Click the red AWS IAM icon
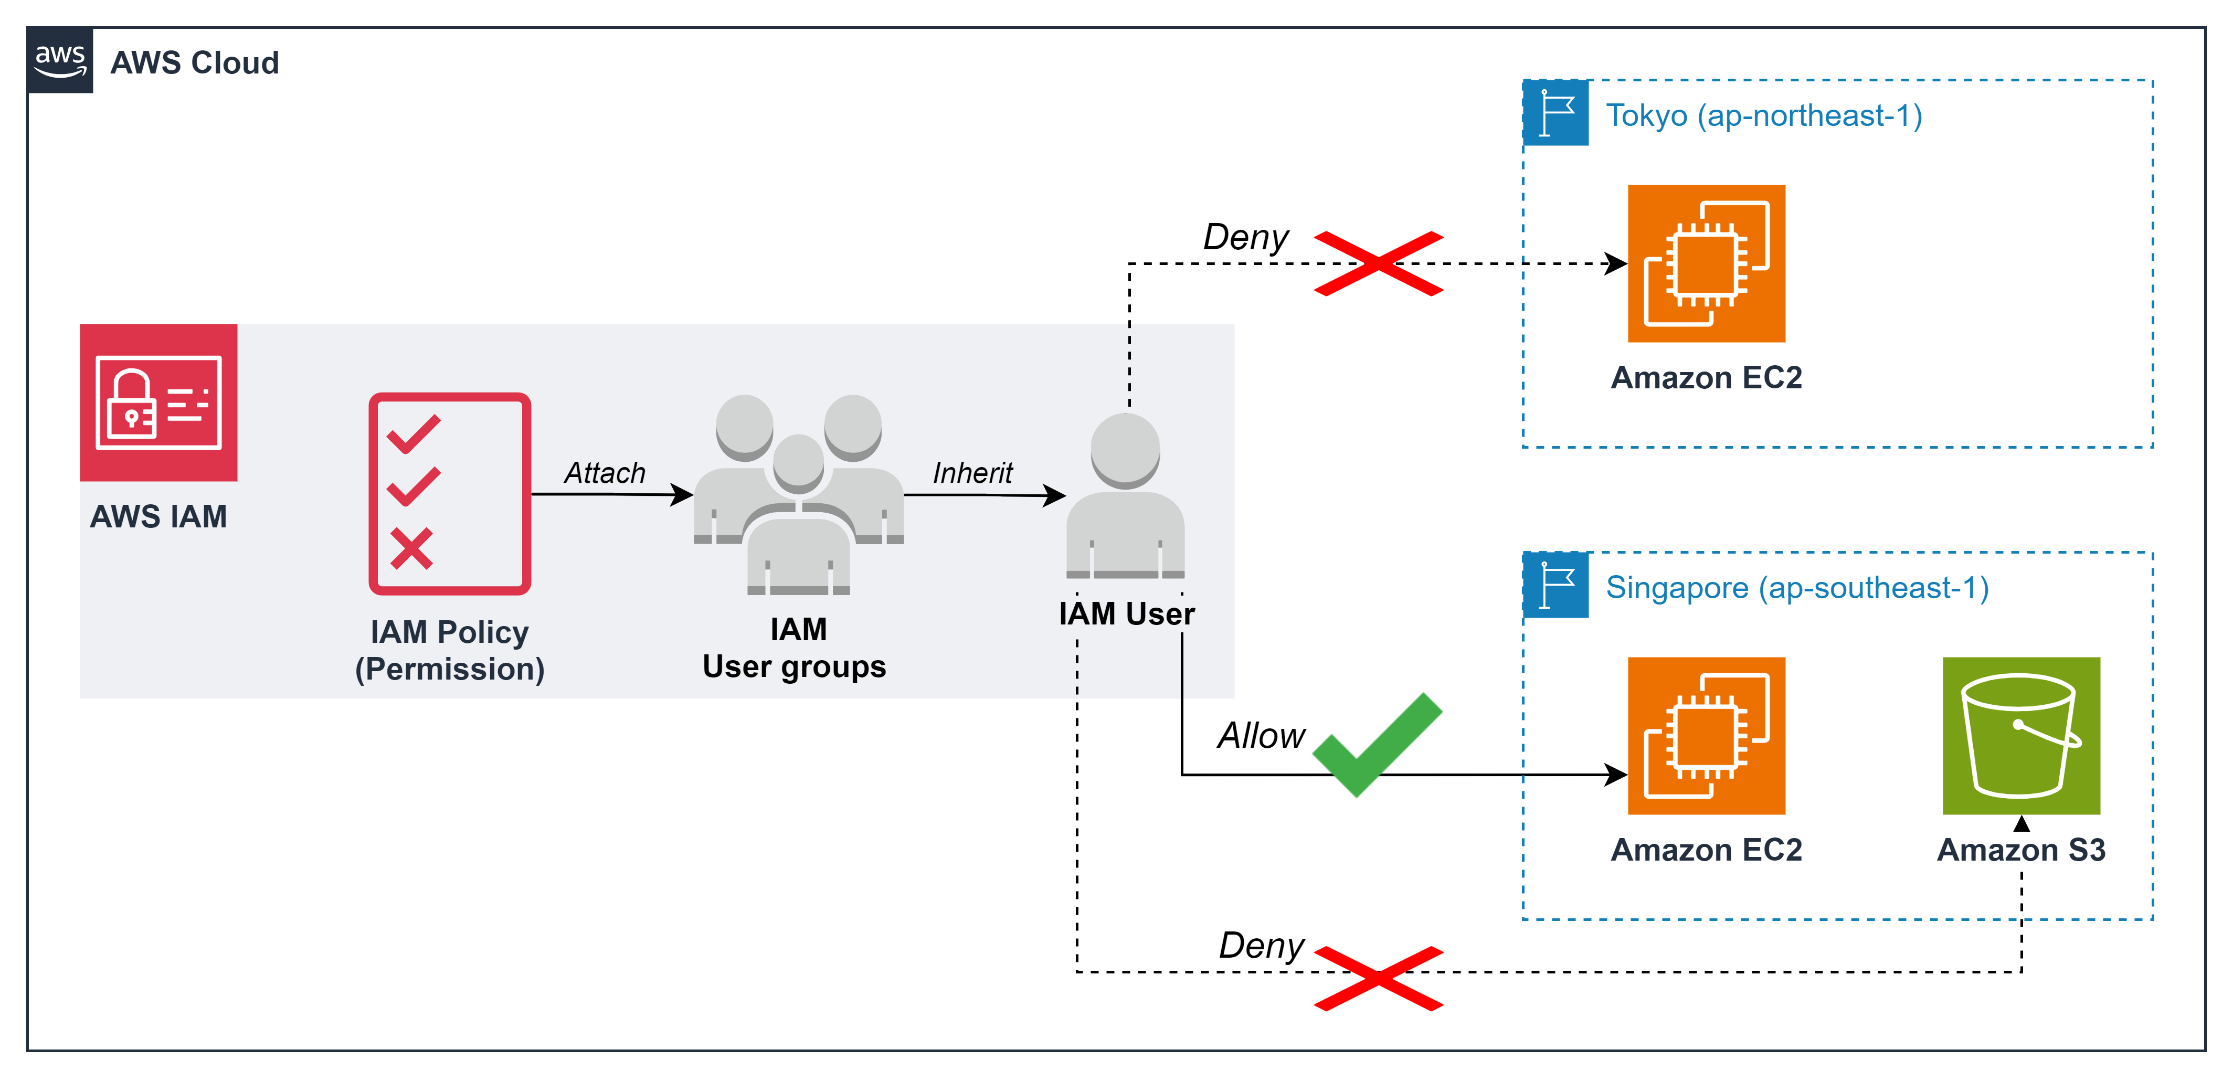(x=158, y=402)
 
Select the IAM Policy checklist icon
(x=449, y=493)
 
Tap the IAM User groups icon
(x=798, y=494)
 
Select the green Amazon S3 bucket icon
(x=2020, y=735)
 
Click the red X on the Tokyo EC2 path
(x=1378, y=263)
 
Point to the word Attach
(x=605, y=472)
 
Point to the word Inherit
(x=972, y=472)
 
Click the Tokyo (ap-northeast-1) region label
(x=1764, y=115)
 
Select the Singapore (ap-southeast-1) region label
(x=1797, y=588)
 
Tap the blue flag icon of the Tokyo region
(x=1556, y=113)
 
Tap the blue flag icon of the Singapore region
(x=1556, y=585)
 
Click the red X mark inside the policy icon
(x=411, y=549)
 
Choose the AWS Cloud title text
(x=195, y=62)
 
